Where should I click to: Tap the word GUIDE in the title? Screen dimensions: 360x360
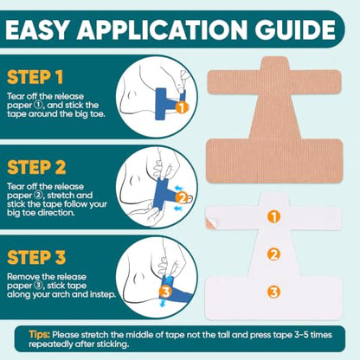(295, 30)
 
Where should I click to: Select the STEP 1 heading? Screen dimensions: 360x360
(35, 77)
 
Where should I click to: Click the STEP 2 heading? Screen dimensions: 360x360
(36, 167)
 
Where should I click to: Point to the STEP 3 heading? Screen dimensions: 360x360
(36, 257)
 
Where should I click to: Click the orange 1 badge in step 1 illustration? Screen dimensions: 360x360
(182, 108)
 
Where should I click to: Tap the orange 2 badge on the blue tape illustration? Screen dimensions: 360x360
(183, 198)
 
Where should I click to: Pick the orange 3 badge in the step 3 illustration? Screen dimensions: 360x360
(166, 292)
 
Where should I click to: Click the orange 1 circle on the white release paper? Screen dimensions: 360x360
(273, 216)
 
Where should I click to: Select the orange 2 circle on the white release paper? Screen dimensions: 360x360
(273, 254)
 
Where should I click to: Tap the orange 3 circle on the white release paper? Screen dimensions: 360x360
(273, 292)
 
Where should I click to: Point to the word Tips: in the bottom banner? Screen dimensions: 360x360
(39, 335)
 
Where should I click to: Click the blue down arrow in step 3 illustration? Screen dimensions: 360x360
(163, 303)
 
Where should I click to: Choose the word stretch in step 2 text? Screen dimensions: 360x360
(60, 196)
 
